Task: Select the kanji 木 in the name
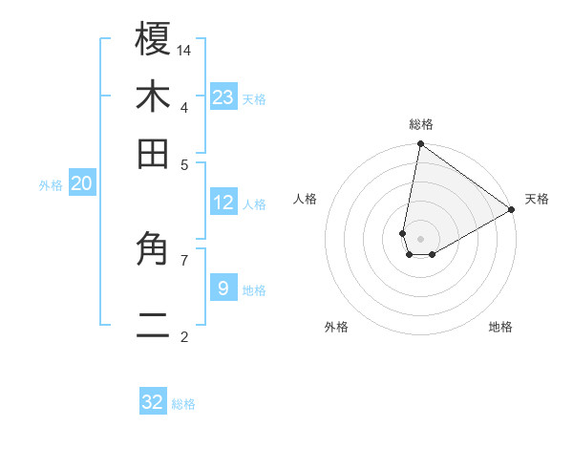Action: [153, 96]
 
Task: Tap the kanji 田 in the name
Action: [153, 154]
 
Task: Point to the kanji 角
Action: [153, 250]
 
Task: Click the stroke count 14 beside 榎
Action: [184, 49]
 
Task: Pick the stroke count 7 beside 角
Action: [184, 259]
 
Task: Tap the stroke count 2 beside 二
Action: [184, 336]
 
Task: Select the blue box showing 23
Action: [223, 96]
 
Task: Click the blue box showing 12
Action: [223, 203]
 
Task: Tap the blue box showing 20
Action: [82, 184]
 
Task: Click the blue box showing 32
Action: [153, 402]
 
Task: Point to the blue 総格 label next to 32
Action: [184, 404]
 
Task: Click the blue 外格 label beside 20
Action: [51, 186]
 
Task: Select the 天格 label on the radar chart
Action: [537, 199]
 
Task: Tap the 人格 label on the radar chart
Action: [306, 199]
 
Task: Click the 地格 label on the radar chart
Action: [500, 327]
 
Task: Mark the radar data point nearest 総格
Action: [420, 145]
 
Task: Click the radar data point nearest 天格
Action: [512, 210]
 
